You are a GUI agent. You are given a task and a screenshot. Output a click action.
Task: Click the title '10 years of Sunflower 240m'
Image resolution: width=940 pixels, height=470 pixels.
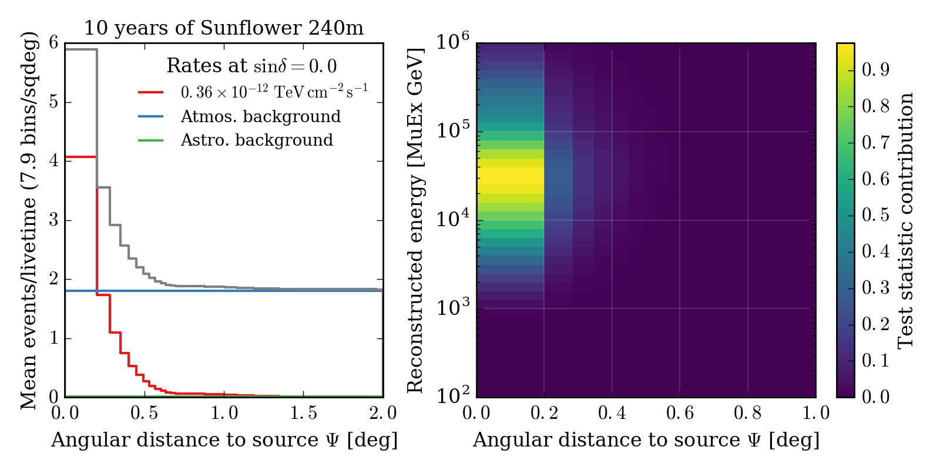pos(224,28)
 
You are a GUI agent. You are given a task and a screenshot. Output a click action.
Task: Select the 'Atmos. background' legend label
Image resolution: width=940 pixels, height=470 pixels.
pos(260,116)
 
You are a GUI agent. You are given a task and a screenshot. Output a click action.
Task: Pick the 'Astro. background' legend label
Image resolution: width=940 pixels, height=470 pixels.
pos(257,140)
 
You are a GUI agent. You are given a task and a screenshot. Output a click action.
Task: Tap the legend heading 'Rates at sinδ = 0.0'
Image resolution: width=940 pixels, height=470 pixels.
pos(251,66)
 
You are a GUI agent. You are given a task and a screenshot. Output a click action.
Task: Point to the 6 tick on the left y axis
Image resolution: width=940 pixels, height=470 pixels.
pos(54,43)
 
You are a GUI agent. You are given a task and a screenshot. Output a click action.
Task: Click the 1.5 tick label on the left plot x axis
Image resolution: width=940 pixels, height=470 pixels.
pos(304,413)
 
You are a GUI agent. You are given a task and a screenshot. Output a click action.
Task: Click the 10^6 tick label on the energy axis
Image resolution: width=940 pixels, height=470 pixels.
pos(452,42)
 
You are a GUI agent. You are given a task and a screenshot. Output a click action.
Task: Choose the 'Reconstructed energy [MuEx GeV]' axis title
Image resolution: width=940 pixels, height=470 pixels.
pos(415,220)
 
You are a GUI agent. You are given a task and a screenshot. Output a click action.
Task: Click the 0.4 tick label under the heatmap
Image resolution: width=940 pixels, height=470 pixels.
pos(612,413)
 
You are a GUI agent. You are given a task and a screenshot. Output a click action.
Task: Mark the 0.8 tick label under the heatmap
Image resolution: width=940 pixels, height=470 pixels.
pos(747,413)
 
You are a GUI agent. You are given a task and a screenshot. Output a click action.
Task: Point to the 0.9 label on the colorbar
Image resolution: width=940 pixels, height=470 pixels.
pos(875,70)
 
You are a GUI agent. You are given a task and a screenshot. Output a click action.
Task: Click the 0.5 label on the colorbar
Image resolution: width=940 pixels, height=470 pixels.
pos(875,215)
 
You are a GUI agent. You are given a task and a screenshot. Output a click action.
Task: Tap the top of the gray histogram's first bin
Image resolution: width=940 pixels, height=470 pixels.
pos(81,50)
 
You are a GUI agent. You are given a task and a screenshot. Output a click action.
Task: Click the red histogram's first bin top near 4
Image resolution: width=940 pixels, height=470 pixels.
pos(81,157)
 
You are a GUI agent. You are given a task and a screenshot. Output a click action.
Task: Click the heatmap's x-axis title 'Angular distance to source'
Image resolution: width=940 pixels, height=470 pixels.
pos(646,440)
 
